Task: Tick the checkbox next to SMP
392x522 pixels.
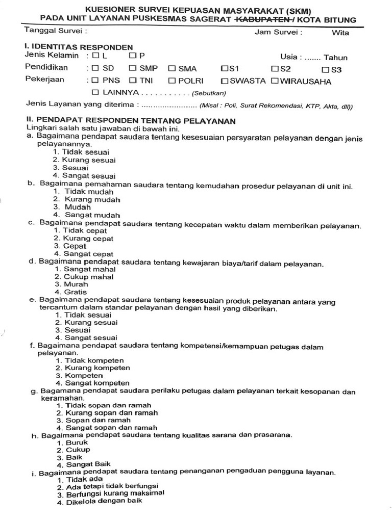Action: tap(132, 68)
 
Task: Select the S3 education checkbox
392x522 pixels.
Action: tap(326, 69)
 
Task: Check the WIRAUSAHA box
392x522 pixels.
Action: tap(275, 81)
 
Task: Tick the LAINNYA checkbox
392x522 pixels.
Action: tap(95, 92)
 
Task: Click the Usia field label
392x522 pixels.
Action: tap(290, 57)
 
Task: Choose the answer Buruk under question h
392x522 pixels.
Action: tap(72, 442)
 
